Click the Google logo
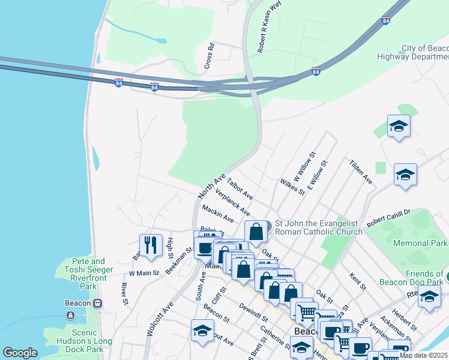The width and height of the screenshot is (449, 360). [x=20, y=353]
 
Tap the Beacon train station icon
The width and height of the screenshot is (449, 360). [x=97, y=303]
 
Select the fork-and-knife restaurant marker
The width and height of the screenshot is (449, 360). [x=151, y=245]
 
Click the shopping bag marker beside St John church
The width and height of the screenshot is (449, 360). [x=256, y=232]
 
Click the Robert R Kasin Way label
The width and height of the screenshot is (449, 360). [x=261, y=27]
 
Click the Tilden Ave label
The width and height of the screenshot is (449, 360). [x=361, y=172]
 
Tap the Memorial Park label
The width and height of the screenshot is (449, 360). [x=420, y=243]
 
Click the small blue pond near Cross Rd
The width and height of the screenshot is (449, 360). [x=160, y=41]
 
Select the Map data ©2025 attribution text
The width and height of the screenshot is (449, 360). [x=424, y=355]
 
